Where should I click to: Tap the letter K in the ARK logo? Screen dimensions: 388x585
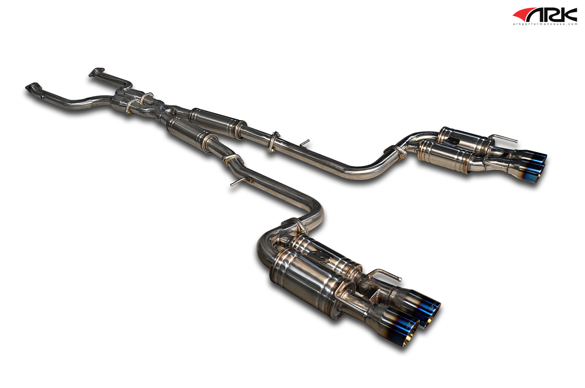click(x=569, y=15)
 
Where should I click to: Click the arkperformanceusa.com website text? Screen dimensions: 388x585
click(x=545, y=24)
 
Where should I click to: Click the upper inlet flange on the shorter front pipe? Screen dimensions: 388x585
click(x=96, y=72)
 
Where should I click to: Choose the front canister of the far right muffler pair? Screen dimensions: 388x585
click(x=443, y=157)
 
